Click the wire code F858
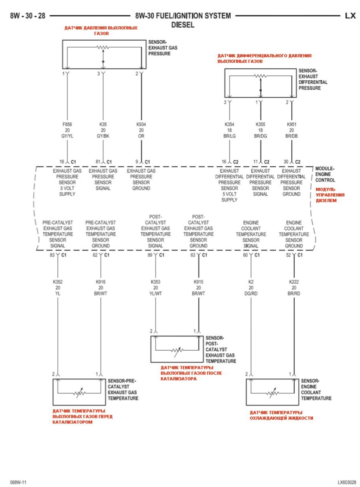coord(67,124)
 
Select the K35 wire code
coord(103,124)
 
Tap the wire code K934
coord(141,124)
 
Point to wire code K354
coord(229,124)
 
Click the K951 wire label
coord(291,124)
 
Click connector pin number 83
coord(52,255)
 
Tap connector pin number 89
coord(150,255)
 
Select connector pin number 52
coord(288,255)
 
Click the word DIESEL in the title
coord(183,25)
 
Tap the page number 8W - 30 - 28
coord(27,16)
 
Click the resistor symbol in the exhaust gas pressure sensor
coord(103,47)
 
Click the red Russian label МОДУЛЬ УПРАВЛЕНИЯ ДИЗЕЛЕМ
coord(330,194)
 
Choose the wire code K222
coord(294,282)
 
